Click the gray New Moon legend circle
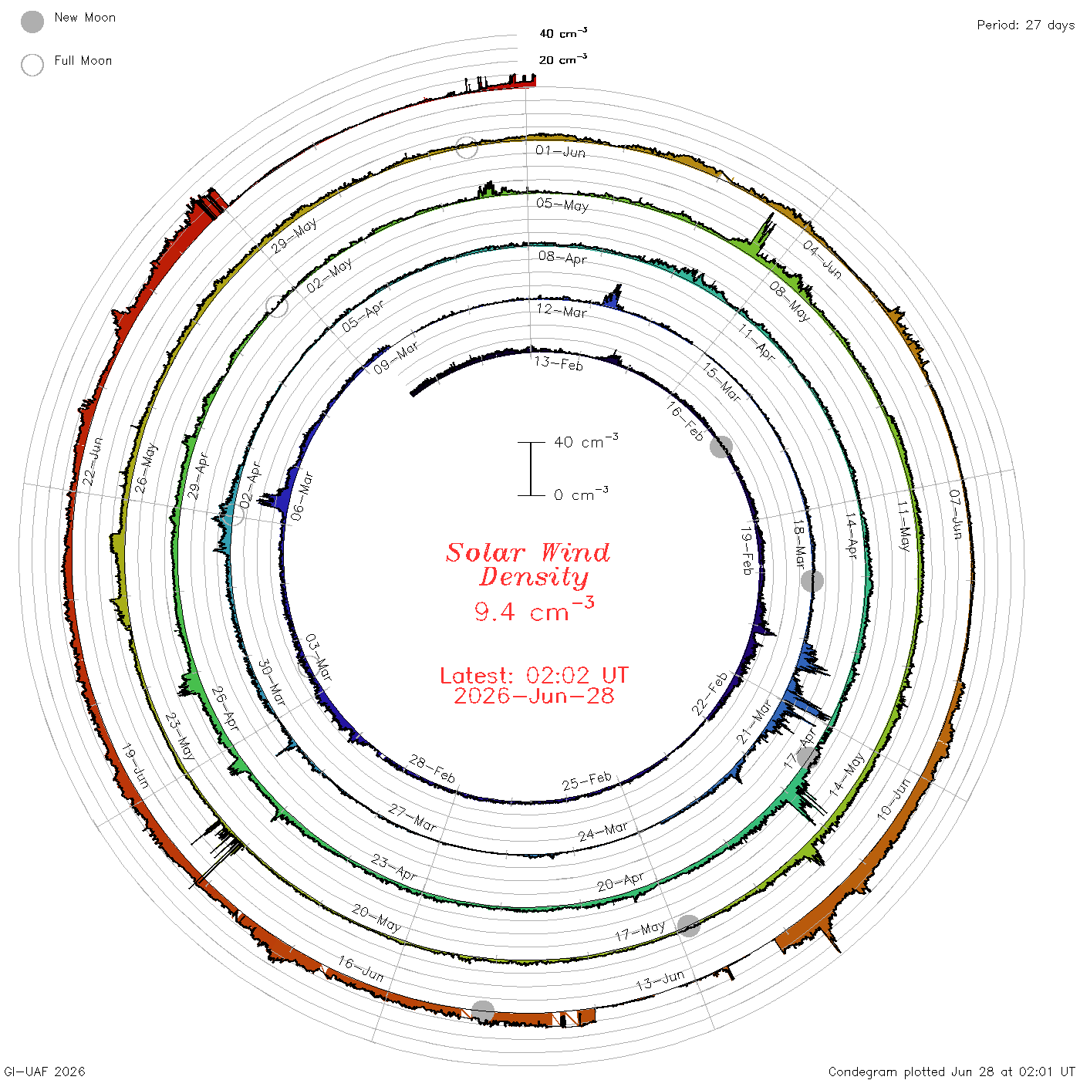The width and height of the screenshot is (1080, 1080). click(x=32, y=22)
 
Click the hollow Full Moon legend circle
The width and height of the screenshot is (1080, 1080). click(x=32, y=65)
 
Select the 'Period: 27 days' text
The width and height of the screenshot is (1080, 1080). click(x=1025, y=25)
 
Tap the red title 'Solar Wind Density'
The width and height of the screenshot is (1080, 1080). click(x=528, y=565)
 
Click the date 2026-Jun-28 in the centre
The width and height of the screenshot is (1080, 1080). click(x=534, y=696)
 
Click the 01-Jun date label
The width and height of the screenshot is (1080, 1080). click(x=560, y=151)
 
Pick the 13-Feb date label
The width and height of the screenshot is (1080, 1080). click(x=559, y=363)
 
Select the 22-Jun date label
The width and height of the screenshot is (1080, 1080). click(x=93, y=461)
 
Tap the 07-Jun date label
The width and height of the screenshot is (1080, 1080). click(x=956, y=514)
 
